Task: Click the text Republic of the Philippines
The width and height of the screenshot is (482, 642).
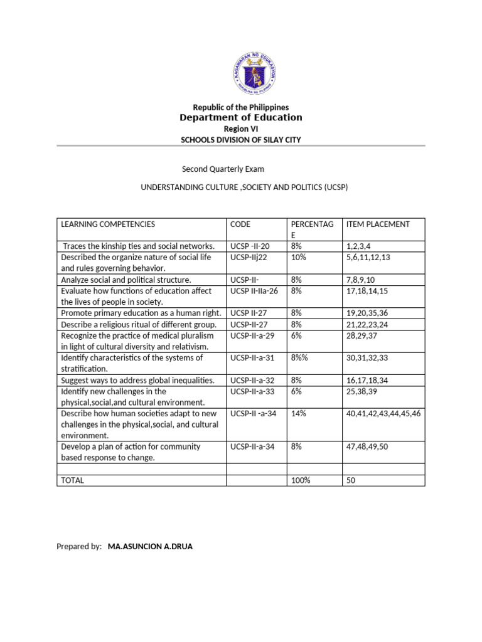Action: click(x=241, y=108)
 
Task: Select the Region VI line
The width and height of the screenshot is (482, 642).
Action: click(x=241, y=129)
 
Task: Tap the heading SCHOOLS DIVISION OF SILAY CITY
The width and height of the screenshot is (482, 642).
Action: click(x=241, y=140)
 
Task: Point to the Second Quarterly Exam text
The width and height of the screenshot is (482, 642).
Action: click(x=223, y=169)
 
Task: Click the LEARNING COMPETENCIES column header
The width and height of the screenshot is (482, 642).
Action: click(x=107, y=224)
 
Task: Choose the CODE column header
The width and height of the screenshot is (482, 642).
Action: click(x=240, y=224)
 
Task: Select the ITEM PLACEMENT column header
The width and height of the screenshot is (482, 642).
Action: click(x=378, y=224)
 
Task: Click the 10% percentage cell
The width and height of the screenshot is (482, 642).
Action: click(x=297, y=257)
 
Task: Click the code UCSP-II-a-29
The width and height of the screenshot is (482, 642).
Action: click(x=252, y=335)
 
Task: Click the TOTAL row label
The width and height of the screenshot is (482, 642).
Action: click(x=72, y=480)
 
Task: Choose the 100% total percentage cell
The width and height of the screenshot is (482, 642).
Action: click(x=301, y=480)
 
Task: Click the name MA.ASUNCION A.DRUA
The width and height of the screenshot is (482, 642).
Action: click(x=150, y=547)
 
